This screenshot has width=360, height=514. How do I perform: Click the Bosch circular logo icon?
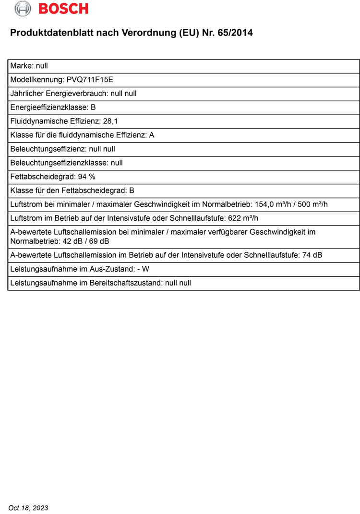[x=22, y=8]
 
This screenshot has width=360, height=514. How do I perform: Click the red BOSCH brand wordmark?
[x=63, y=9]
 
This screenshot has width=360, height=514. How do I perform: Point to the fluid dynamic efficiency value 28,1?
[x=110, y=121]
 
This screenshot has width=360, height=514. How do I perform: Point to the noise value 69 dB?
[x=99, y=241]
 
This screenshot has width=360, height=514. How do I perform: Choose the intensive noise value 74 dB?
[x=312, y=255]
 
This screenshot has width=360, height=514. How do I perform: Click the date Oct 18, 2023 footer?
[x=28, y=508]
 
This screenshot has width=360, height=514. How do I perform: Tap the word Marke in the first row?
[x=21, y=66]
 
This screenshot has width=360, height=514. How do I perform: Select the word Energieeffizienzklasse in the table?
[x=48, y=108]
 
